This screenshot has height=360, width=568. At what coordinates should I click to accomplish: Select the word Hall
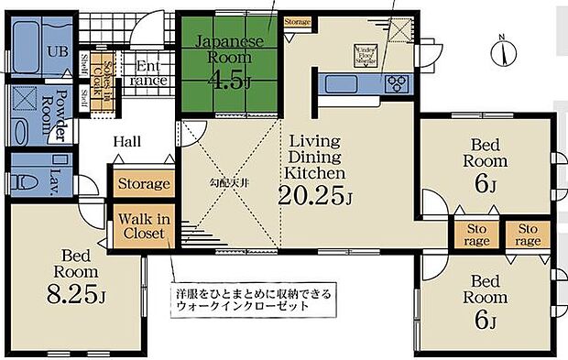[126, 142]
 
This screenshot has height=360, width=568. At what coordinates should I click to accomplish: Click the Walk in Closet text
[141, 224]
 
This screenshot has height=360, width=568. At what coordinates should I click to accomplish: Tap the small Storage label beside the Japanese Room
[297, 21]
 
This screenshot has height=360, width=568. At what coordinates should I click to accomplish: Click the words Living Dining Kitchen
[314, 157]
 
